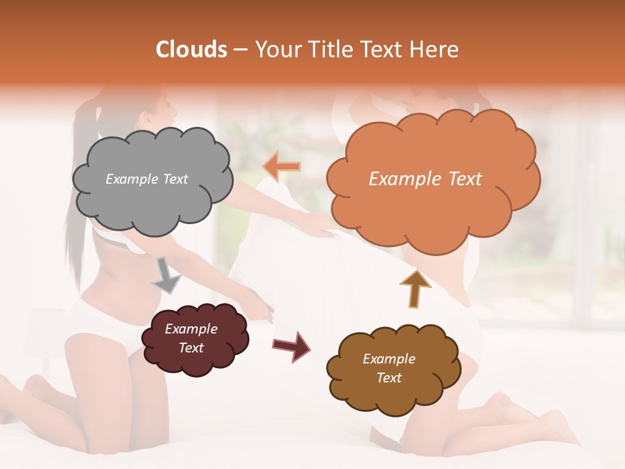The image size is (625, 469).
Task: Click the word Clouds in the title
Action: click(x=191, y=50)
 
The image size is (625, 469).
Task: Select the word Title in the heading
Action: click(x=329, y=50)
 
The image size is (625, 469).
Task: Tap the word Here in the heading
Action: click(x=436, y=50)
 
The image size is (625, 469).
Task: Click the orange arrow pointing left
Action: click(x=282, y=166)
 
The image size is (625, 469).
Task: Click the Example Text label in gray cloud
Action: click(x=146, y=179)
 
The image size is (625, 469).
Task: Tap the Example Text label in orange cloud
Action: click(x=425, y=179)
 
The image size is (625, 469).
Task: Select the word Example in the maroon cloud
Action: click(x=191, y=329)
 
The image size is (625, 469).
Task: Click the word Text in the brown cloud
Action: click(x=389, y=378)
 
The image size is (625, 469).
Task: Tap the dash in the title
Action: click(x=240, y=50)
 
